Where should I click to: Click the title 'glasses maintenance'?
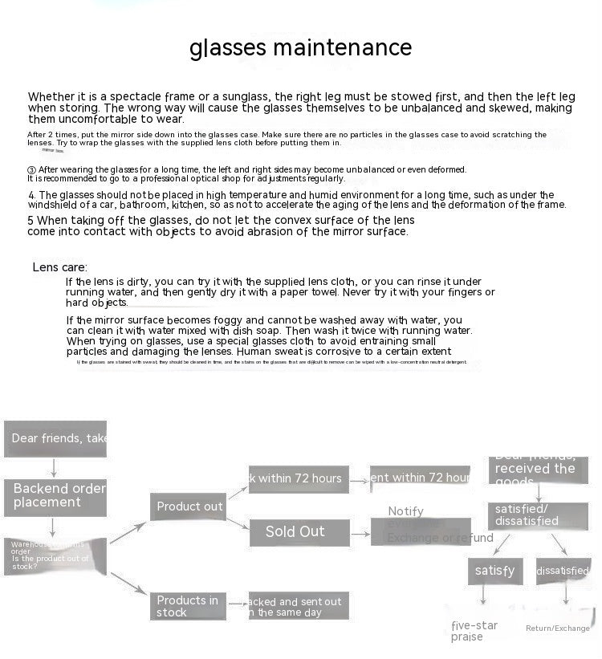pyautogui.click(x=300, y=48)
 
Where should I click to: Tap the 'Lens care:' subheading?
pyautogui.click(x=60, y=267)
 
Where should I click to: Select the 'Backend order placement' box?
pyautogui.click(x=55, y=495)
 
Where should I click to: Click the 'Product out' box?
pyautogui.click(x=189, y=506)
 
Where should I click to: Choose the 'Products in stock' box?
pyautogui.click(x=189, y=606)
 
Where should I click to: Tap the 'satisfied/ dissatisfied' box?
pyautogui.click(x=538, y=515)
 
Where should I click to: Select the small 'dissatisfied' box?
pyautogui.click(x=563, y=571)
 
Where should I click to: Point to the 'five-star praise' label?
pyautogui.click(x=474, y=631)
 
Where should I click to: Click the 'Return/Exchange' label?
pyautogui.click(x=557, y=628)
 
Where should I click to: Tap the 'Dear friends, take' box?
pyautogui.click(x=55, y=438)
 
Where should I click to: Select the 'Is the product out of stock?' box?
pyautogui.click(x=55, y=556)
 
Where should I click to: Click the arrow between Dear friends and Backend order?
pyautogui.click(x=54, y=467)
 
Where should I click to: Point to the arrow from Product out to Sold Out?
pyautogui.click(x=238, y=523)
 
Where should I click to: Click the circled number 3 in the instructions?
pyautogui.click(x=31, y=170)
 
